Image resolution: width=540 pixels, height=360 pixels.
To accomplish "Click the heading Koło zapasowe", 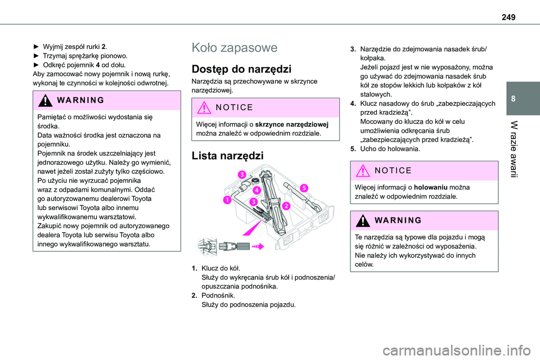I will point(235,48).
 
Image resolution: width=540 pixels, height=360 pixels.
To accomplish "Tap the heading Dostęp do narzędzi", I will point(241,70).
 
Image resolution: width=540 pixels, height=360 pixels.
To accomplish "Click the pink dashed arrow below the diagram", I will point(257,246).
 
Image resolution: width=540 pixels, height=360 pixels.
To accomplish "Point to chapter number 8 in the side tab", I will point(526,98).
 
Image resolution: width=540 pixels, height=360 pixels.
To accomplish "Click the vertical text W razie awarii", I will point(526,149).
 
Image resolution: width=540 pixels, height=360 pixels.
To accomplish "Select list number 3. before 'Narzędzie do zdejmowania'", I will point(353,49).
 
